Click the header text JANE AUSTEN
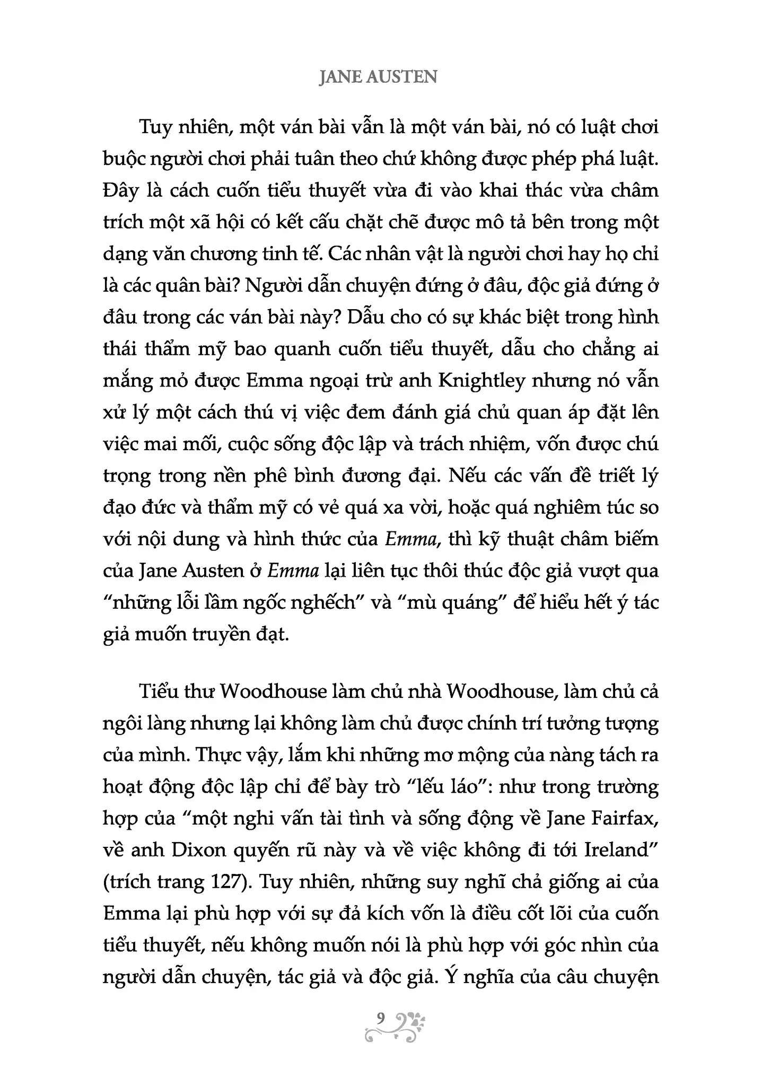click(x=378, y=77)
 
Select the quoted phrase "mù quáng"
click(x=452, y=603)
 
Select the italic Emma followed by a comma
click(x=411, y=539)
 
